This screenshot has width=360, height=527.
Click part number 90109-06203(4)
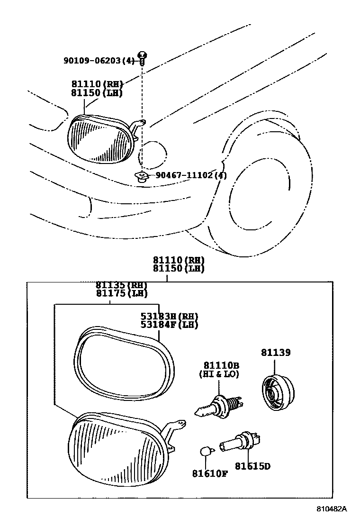tap(99, 60)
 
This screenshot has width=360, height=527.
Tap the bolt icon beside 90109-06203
tap(142, 58)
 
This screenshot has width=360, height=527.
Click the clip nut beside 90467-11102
tap(141, 177)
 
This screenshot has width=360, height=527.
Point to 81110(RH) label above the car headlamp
tap(97, 84)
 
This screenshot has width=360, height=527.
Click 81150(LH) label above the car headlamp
tap(97, 93)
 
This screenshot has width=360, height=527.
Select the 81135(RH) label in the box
tap(121, 285)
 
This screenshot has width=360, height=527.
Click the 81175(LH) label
tap(121, 293)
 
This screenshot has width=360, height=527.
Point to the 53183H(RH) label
tap(169, 317)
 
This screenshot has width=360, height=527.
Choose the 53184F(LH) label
tap(169, 325)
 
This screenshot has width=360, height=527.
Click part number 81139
tap(275, 352)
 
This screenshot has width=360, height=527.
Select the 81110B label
tap(221, 365)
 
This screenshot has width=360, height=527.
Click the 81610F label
tap(210, 473)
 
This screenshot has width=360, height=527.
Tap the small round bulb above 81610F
tap(205, 452)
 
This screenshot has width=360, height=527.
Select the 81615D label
tap(252, 466)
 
